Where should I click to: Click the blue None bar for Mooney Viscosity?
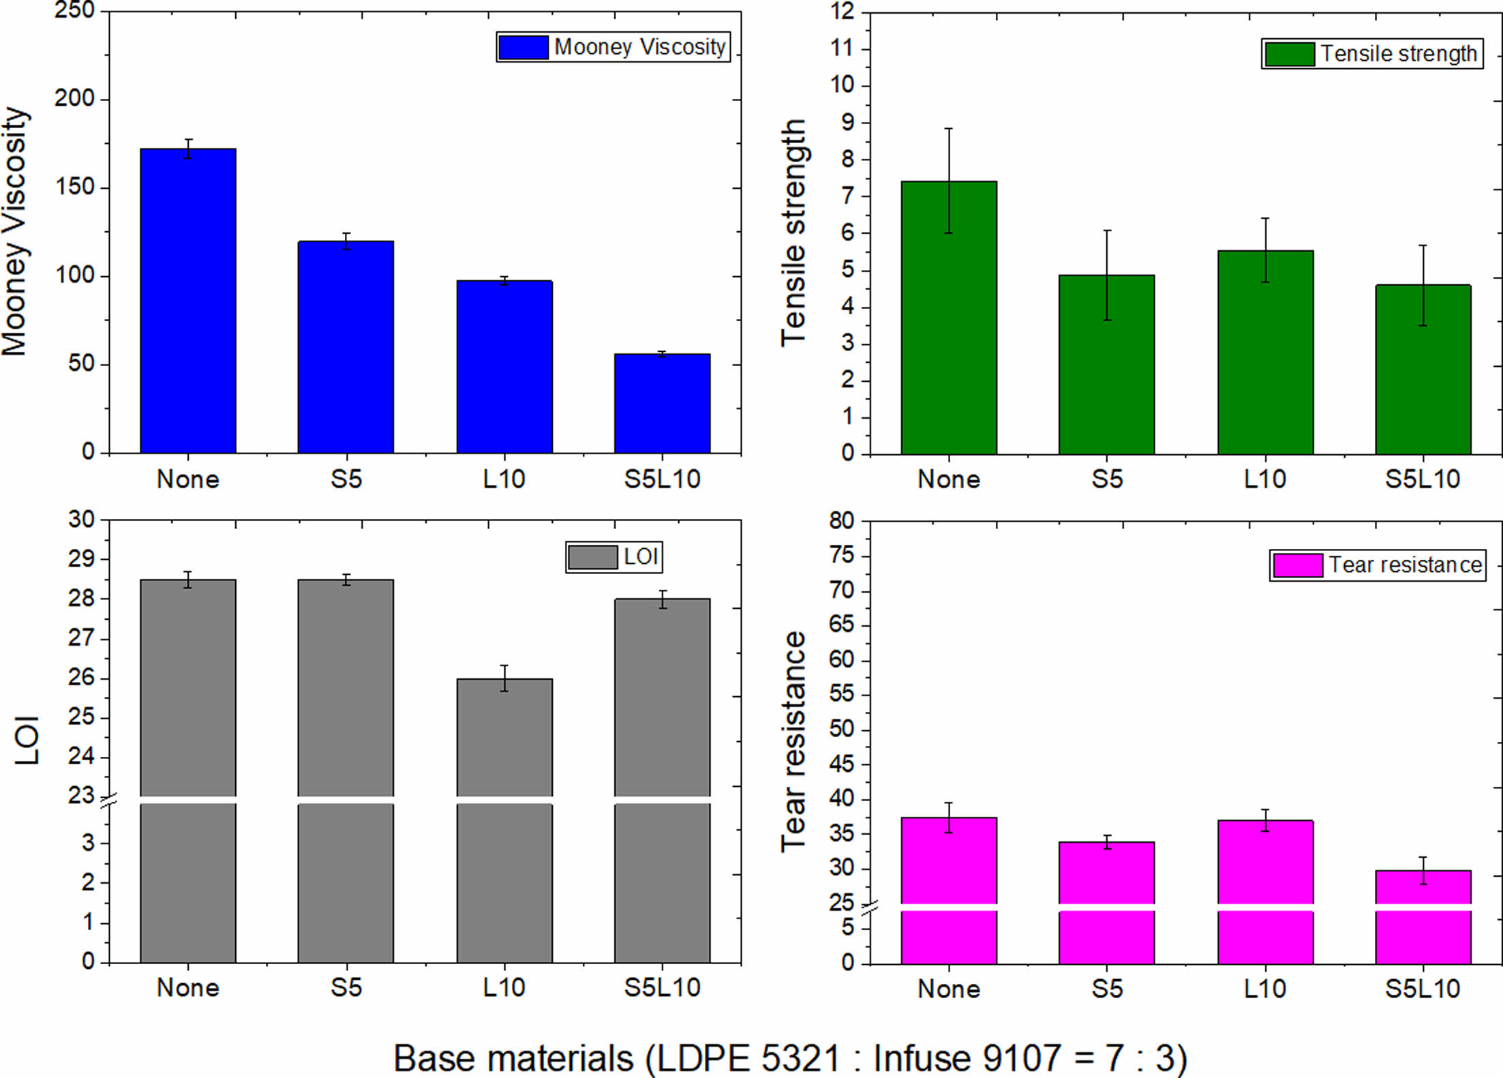[x=188, y=300]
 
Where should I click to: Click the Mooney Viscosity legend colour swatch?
[x=523, y=47]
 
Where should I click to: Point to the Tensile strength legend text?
[x=1399, y=54]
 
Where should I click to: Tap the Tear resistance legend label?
[x=1405, y=565]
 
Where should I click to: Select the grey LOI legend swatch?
[x=592, y=557]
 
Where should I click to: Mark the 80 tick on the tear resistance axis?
[x=842, y=521]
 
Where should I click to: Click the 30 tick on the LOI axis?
[x=81, y=520]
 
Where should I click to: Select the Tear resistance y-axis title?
[x=794, y=741]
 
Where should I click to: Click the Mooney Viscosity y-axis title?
[x=15, y=232]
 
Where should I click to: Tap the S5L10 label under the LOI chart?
[x=662, y=988]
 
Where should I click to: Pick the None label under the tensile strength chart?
[x=949, y=479]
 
